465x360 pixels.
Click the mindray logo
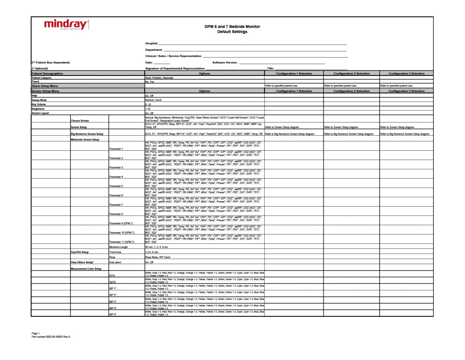tap(66, 25)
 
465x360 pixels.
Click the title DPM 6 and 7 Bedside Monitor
tap(232, 27)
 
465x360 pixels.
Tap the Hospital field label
tap(151, 44)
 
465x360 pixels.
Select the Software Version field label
tap(225, 63)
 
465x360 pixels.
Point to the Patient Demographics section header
tap(47, 73)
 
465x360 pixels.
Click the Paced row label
tap(35, 82)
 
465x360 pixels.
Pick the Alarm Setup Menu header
tap(45, 86)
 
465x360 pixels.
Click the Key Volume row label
tap(39, 104)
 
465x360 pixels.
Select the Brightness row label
tap(38, 109)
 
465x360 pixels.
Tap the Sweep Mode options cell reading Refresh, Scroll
tap(153, 100)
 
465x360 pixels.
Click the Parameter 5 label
tap(116, 186)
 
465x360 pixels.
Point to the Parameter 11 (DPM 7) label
tap(122, 242)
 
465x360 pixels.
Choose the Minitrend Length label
tap(118, 247)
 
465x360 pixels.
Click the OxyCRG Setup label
tap(80, 252)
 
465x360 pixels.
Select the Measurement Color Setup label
tap(86, 269)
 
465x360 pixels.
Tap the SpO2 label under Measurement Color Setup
tap(113, 282)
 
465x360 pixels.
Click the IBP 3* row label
tap(113, 302)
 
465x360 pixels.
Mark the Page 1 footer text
tap(36, 333)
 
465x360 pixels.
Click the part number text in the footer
tap(51, 337)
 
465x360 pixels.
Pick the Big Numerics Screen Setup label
tap(87, 134)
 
